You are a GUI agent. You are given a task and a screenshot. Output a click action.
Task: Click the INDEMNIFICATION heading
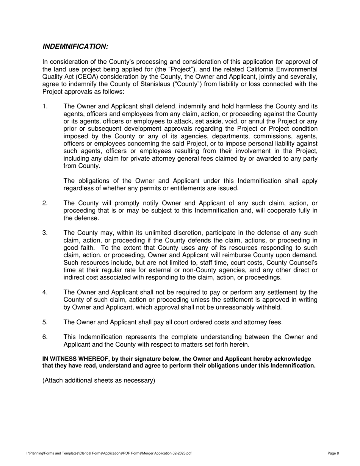coord(75,47)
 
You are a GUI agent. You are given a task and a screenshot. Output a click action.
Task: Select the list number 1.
coord(45,106)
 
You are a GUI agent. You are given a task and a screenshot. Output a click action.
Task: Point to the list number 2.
coord(45,203)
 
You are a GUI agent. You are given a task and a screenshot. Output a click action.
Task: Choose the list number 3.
coord(45,233)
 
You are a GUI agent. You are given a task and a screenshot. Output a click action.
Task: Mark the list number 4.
coord(45,292)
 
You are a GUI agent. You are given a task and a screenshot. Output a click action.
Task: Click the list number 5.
coord(45,322)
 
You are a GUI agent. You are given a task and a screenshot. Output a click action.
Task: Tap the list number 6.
coord(45,337)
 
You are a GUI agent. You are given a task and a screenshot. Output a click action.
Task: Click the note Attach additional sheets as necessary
coord(99,380)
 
